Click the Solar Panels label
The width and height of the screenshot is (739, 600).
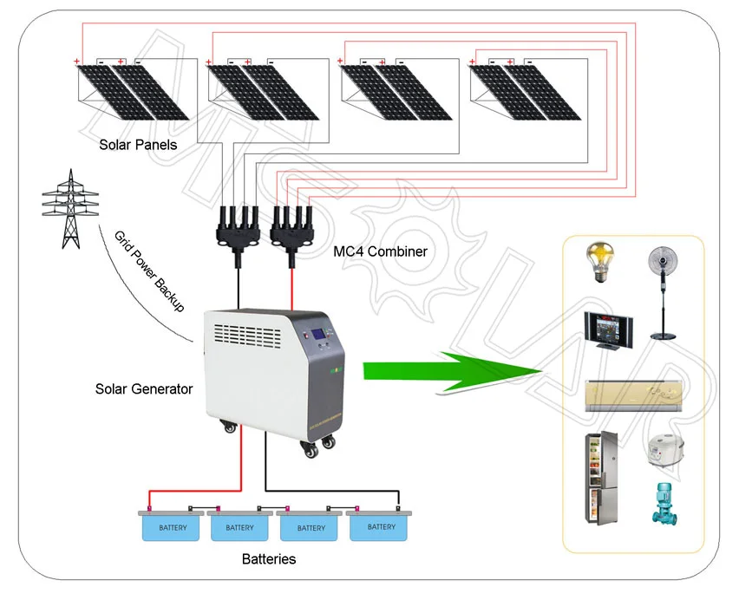tap(137, 145)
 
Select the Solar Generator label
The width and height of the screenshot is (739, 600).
tap(143, 389)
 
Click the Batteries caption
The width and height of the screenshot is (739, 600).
tap(268, 559)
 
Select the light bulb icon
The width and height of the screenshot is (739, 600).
tap(598, 264)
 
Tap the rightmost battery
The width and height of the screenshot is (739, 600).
tap(380, 525)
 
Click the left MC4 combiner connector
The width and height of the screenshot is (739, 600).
tap(235, 229)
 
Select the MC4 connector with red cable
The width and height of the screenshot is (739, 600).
tap(292, 229)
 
